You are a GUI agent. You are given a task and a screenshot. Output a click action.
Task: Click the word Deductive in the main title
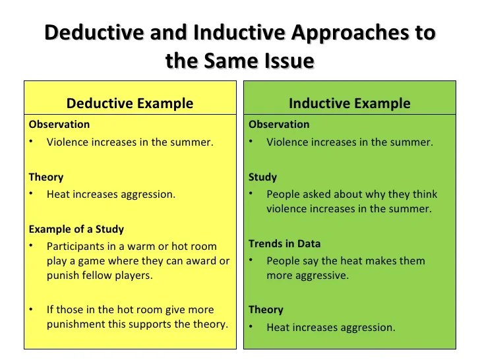point(94,32)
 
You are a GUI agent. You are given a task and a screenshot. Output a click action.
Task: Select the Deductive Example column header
point(130,103)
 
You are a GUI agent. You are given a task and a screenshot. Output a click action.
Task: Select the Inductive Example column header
point(349,103)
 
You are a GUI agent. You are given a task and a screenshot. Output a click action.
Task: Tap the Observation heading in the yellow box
point(59,124)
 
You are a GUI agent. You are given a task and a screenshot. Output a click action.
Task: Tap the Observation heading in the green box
point(279,124)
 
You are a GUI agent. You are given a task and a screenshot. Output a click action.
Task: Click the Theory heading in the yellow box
point(46,177)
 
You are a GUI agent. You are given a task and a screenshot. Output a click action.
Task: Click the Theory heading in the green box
point(266,310)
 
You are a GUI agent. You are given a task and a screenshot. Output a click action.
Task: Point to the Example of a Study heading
point(76,229)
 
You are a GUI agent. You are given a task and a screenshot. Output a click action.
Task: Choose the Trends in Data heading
point(284,244)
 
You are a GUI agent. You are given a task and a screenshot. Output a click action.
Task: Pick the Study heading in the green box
point(262,177)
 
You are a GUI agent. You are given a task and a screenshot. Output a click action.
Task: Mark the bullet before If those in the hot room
point(31,309)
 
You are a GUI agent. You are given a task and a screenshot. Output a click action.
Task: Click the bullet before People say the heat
point(251,260)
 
